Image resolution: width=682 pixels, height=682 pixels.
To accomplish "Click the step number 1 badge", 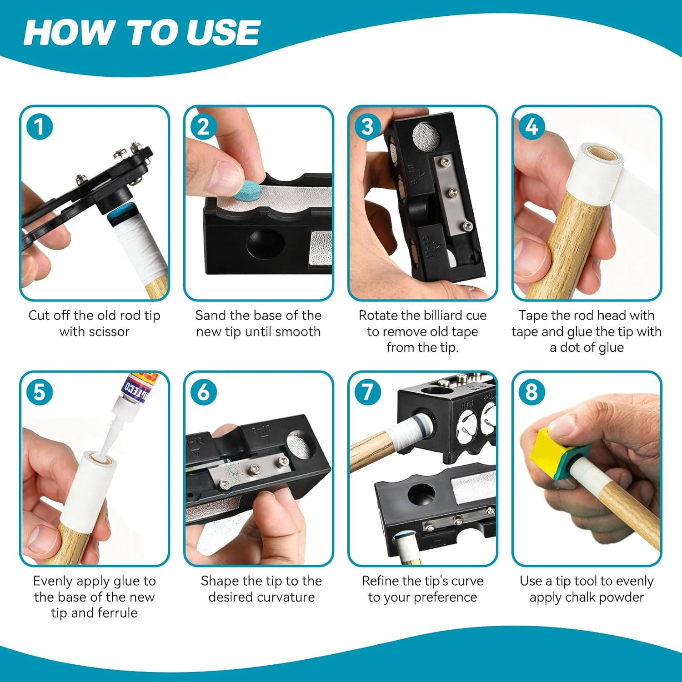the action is pyautogui.click(x=39, y=127).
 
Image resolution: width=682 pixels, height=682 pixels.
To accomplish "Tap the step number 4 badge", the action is pyautogui.click(x=532, y=127).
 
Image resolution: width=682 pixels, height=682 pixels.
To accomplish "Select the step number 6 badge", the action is pyautogui.click(x=203, y=392).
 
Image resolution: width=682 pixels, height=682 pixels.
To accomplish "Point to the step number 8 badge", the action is pyautogui.click(x=532, y=392).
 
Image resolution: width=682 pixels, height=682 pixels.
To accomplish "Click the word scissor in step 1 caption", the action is pyautogui.click(x=108, y=331).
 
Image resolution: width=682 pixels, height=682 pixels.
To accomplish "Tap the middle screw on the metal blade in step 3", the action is pyautogui.click(x=450, y=193).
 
